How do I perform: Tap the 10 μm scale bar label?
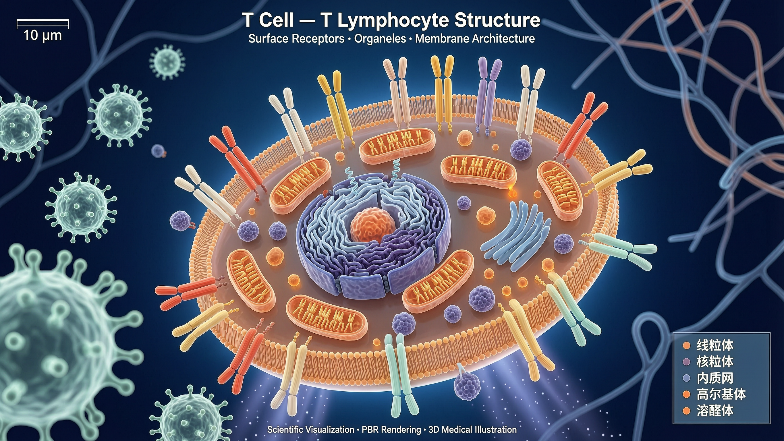(43, 36)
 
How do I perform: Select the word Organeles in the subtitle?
(380, 39)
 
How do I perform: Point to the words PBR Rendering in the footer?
(391, 430)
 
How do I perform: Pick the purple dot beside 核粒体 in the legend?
(686, 362)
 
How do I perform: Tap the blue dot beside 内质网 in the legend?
(686, 378)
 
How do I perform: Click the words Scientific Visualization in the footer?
(311, 430)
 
